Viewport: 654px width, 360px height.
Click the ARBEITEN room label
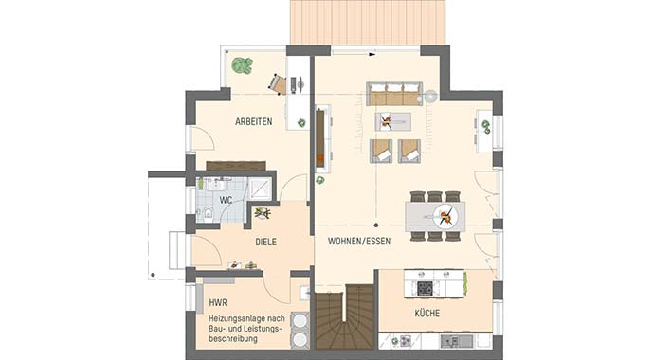(x=254, y=121)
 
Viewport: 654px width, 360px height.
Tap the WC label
(x=226, y=201)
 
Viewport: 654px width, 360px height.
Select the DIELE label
(x=265, y=242)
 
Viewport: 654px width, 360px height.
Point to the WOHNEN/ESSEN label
(x=359, y=242)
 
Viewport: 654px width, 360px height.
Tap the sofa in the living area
(x=395, y=95)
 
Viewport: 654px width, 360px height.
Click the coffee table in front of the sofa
(x=393, y=120)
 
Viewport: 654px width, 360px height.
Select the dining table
(x=435, y=216)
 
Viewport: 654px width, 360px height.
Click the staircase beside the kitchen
(x=345, y=320)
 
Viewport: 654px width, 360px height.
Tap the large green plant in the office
(x=243, y=66)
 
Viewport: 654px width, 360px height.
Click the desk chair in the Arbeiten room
(x=278, y=84)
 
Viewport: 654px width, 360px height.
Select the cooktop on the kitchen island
(x=425, y=288)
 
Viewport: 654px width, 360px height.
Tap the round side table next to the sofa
(x=431, y=95)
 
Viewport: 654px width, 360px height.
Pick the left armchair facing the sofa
(x=380, y=150)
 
